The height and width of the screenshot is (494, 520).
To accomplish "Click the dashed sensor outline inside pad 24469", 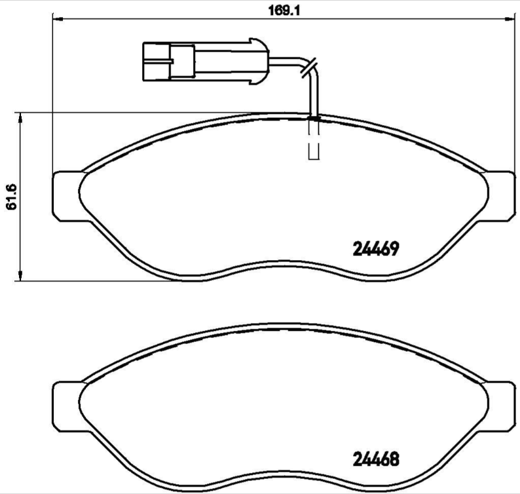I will point(314,141).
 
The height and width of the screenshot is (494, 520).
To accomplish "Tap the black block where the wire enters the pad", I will point(314,118).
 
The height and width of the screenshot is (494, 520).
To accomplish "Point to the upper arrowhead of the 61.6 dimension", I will point(22,118).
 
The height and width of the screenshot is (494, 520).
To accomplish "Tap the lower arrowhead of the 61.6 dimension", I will point(22,276).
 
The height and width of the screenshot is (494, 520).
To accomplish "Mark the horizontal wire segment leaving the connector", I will point(285,62).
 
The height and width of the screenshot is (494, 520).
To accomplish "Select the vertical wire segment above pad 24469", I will point(314,95).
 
